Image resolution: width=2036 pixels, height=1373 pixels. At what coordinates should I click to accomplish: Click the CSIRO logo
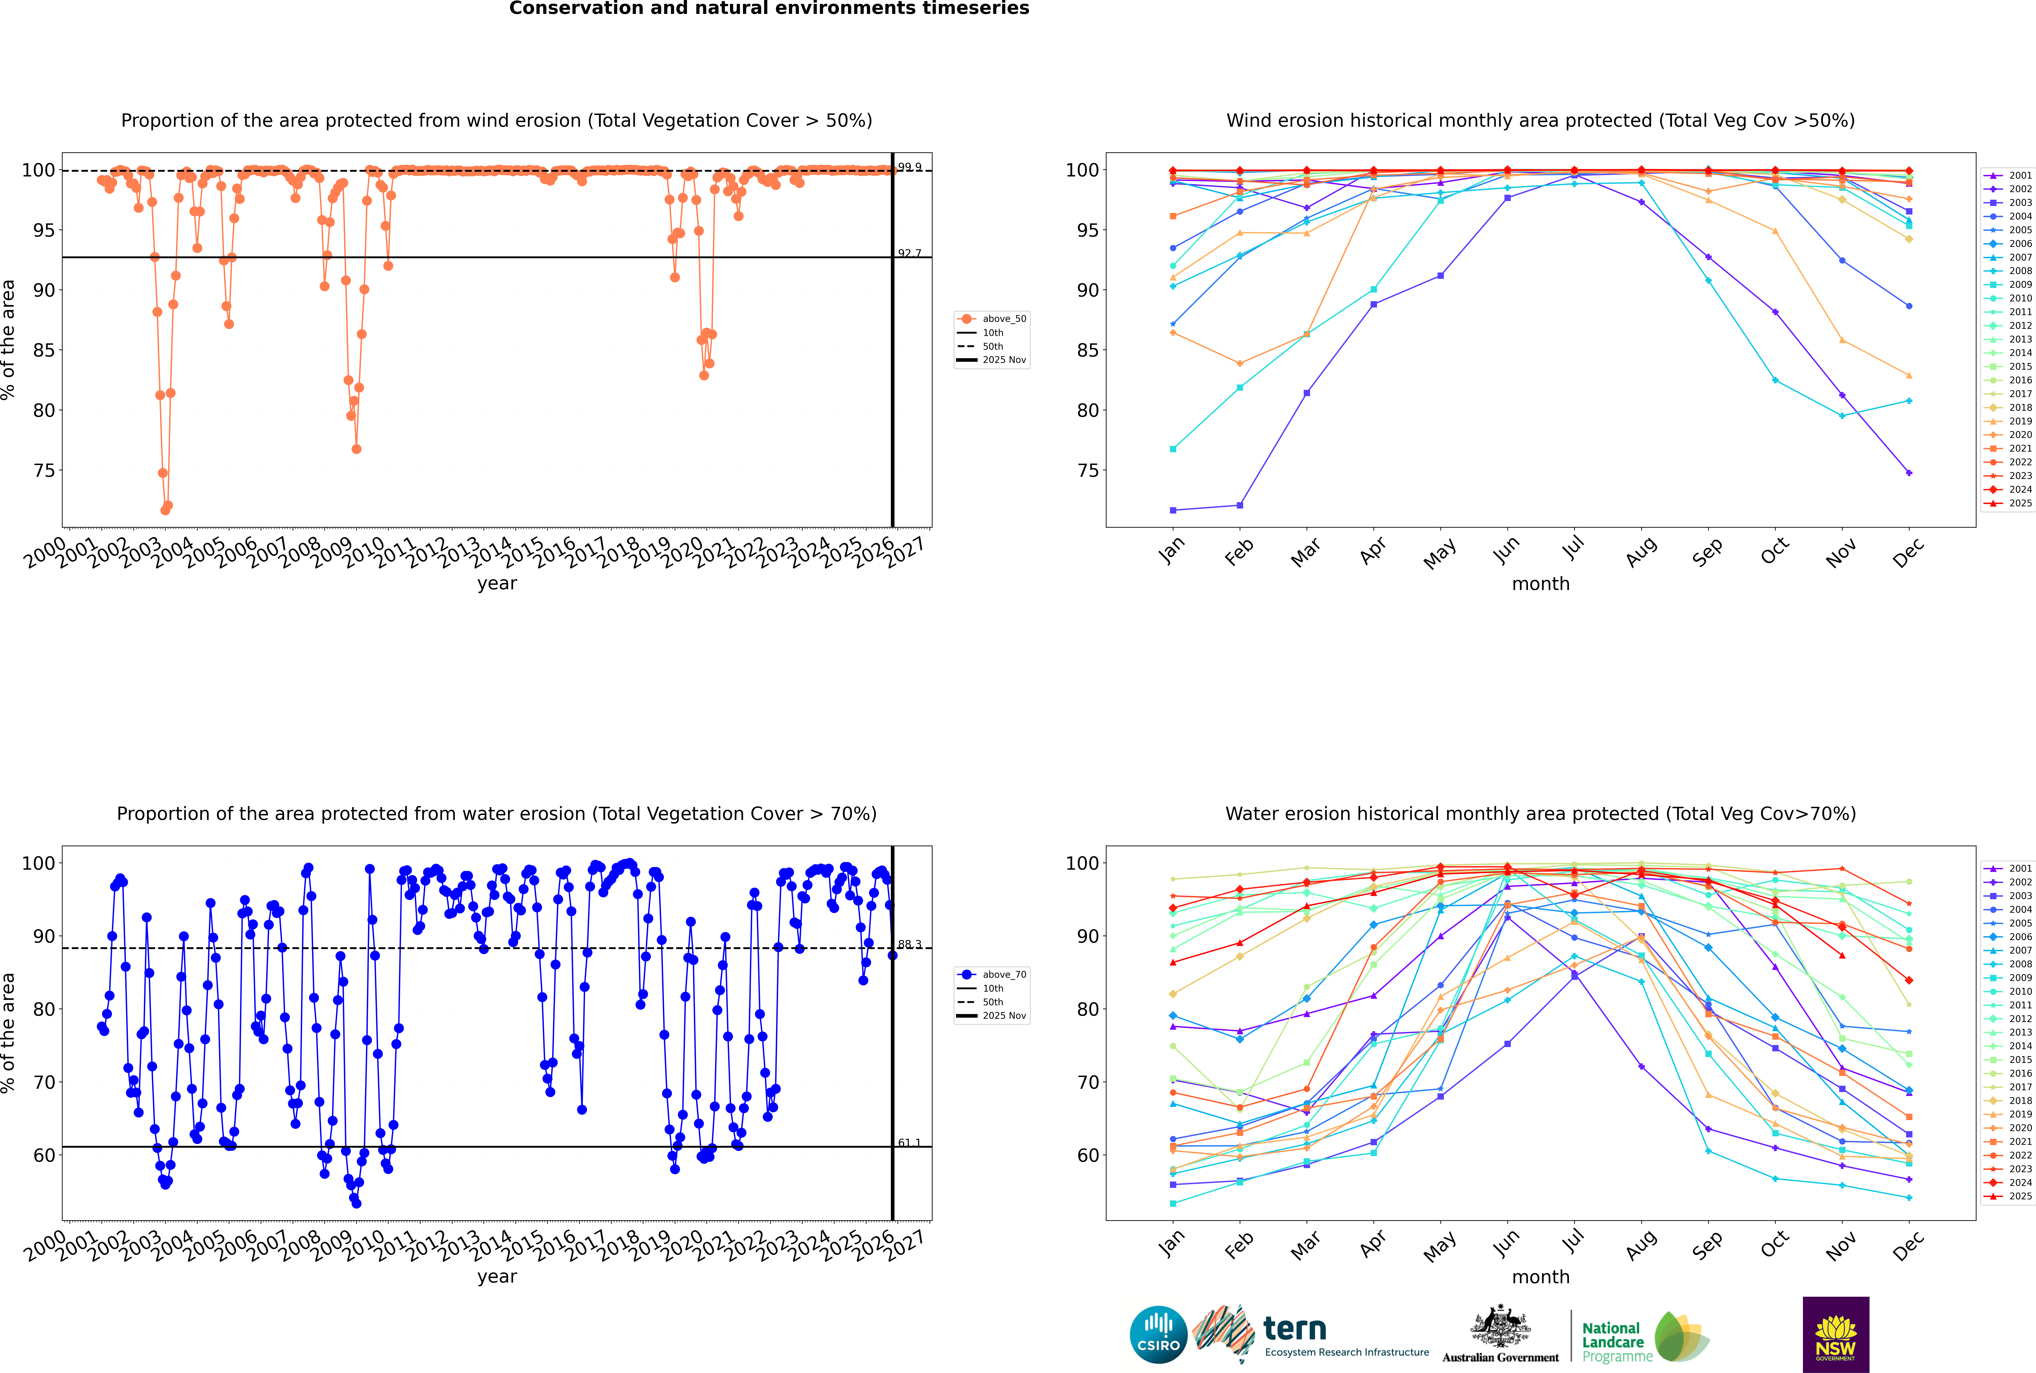tap(1158, 1335)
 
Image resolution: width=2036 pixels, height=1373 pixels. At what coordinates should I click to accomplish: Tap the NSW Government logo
tap(1836, 1334)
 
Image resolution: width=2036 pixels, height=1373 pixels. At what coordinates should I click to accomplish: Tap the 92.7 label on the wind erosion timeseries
tap(909, 253)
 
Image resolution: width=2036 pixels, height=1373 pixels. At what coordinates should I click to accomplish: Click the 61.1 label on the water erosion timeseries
tap(909, 1143)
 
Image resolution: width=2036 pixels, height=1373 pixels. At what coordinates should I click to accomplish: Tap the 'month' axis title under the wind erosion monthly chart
tap(1541, 584)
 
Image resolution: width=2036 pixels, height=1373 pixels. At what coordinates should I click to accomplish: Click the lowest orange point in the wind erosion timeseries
tap(165, 510)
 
